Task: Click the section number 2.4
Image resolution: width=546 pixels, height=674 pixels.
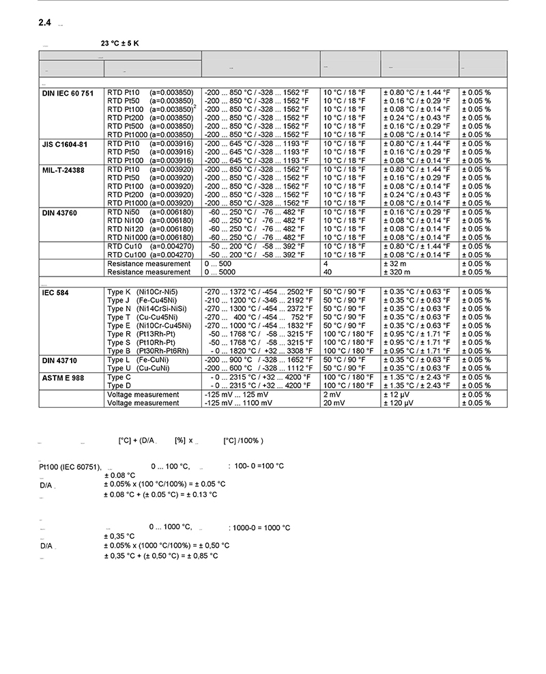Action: [x=45, y=23]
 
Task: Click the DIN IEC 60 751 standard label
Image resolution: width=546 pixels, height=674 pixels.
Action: [x=68, y=92]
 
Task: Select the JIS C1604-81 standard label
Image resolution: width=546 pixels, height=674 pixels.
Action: [x=65, y=143]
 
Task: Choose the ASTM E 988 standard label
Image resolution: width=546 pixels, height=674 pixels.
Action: [x=62, y=378]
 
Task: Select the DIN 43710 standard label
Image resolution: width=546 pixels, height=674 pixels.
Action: [x=59, y=360]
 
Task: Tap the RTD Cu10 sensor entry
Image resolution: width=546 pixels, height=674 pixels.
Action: [x=145, y=247]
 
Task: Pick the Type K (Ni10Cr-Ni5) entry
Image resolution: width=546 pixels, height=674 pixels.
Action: [x=143, y=292]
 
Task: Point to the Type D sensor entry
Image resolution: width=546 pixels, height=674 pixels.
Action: [x=119, y=386]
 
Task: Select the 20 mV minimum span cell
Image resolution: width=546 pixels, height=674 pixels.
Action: [x=332, y=403]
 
